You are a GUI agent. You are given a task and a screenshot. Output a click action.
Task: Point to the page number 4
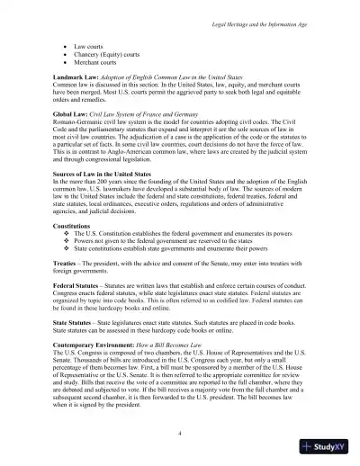coord(180,434)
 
